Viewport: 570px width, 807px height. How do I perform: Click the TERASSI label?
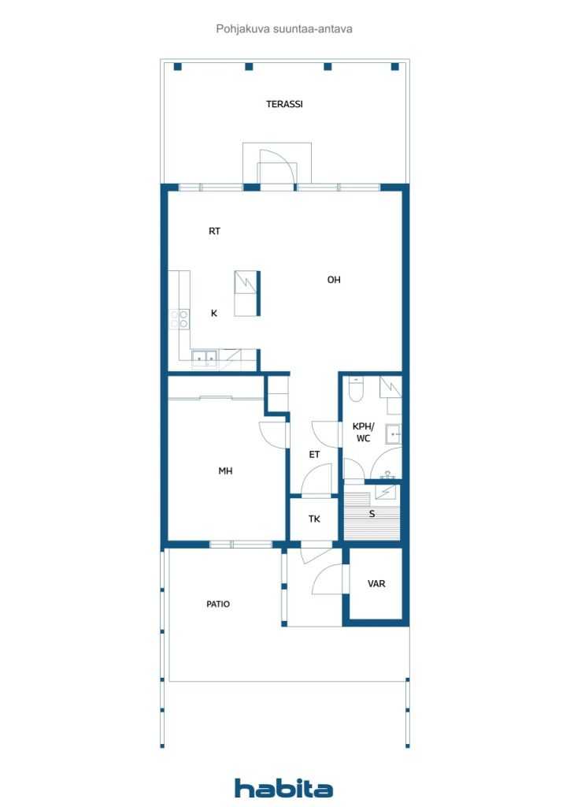(284, 104)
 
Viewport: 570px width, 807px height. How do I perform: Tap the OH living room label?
(334, 280)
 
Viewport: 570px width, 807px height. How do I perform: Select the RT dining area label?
(214, 231)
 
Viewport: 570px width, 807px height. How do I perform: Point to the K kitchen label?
(214, 313)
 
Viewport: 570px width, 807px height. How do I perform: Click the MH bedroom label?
(225, 470)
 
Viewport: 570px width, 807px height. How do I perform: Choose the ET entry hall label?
(314, 455)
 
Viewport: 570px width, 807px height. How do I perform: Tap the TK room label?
(314, 519)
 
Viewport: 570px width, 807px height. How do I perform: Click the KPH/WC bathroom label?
(364, 433)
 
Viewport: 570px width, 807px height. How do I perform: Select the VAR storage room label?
(376, 584)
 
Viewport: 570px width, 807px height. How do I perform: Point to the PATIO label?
(218, 604)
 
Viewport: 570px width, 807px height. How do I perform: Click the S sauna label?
(372, 514)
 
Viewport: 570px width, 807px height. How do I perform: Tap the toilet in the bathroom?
(356, 389)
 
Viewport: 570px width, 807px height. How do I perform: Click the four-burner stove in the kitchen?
(180, 319)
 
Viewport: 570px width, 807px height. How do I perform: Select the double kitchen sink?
(205, 359)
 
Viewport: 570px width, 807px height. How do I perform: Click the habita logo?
(283, 788)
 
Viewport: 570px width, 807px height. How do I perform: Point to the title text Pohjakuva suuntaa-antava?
(284, 29)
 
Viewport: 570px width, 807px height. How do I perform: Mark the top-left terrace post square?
(178, 66)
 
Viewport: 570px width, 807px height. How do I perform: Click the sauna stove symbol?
(385, 493)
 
